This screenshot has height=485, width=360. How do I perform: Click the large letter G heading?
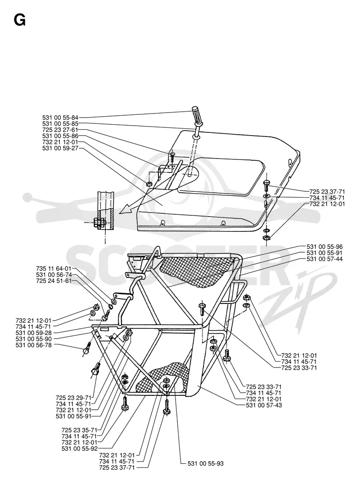tap(19, 20)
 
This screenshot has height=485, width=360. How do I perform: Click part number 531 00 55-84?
tap(60, 118)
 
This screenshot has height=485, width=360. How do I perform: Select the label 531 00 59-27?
tap(60, 148)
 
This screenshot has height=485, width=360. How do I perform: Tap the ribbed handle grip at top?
tap(197, 115)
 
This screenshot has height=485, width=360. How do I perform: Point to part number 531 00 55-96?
tap(324, 247)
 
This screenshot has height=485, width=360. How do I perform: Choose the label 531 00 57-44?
tap(324, 259)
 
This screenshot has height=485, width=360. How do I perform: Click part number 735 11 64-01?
tap(54, 268)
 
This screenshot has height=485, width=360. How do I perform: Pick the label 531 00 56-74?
tap(54, 275)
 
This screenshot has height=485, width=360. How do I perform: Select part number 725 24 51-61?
tap(54, 281)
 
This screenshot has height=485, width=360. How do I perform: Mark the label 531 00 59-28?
tap(34, 333)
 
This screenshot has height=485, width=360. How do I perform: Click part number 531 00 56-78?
tap(34, 345)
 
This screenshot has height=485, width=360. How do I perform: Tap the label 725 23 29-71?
tap(74, 398)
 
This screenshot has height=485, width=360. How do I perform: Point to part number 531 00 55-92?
tap(80, 448)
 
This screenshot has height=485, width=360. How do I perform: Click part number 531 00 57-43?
tap(264, 405)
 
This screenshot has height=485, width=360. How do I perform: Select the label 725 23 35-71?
tap(79, 430)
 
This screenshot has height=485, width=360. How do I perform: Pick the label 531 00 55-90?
tap(34, 339)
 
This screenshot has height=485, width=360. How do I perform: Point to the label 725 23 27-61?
tap(60, 130)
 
